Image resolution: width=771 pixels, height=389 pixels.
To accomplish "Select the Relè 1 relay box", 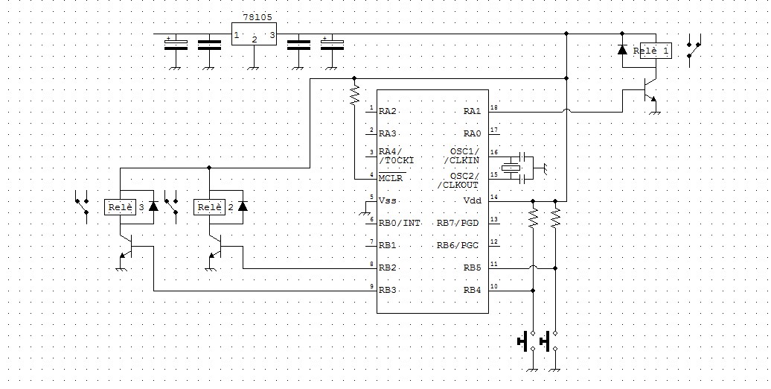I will pos(653,51).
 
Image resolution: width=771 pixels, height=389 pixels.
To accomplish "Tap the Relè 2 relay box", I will pos(214,206).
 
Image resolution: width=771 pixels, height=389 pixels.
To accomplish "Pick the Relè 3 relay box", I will pos(126,206).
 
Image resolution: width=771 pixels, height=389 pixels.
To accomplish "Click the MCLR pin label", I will pos(391,178).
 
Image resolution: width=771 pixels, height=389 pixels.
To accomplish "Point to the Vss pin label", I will pos(386,200).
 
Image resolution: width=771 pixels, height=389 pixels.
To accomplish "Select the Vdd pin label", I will pos(473,200).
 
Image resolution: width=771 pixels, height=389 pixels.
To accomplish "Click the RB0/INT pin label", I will pos(400,222).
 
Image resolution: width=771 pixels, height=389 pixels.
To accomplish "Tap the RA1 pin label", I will pos(472,111).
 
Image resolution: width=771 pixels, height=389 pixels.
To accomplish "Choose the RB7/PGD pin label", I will pos(458,222).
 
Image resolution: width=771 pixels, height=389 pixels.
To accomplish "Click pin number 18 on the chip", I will pos(493,107).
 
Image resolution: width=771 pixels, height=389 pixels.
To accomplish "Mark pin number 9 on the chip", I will pos(371,286).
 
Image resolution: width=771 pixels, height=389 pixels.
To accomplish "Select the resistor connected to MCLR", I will pos(354,93).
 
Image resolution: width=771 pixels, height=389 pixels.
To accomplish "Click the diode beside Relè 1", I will pos(623,51).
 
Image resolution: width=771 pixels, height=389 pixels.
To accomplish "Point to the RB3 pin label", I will pos(386,290).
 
